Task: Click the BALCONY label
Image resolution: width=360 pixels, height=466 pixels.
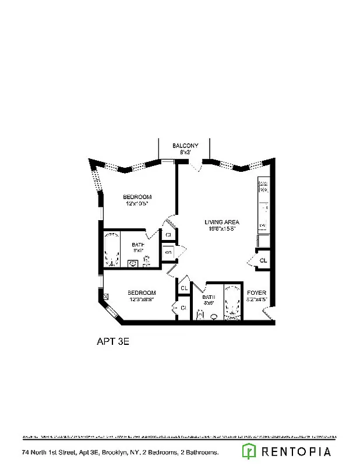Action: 185,146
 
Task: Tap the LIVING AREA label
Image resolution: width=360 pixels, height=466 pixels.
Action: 222,222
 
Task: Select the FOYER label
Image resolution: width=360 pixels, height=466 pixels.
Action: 257,292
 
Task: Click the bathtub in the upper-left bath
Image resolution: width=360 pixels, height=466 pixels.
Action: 111,249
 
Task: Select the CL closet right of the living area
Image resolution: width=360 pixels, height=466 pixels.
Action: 263,260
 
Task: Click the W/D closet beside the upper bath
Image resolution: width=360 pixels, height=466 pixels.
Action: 168,253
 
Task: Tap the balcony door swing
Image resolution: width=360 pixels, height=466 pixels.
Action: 197,166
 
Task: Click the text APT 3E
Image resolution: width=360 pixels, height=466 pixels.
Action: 112,343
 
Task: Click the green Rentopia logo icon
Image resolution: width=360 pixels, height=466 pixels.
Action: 249,451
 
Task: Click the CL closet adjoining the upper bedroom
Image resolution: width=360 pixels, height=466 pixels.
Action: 168,235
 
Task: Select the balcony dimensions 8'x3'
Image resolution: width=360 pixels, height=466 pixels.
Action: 185,152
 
